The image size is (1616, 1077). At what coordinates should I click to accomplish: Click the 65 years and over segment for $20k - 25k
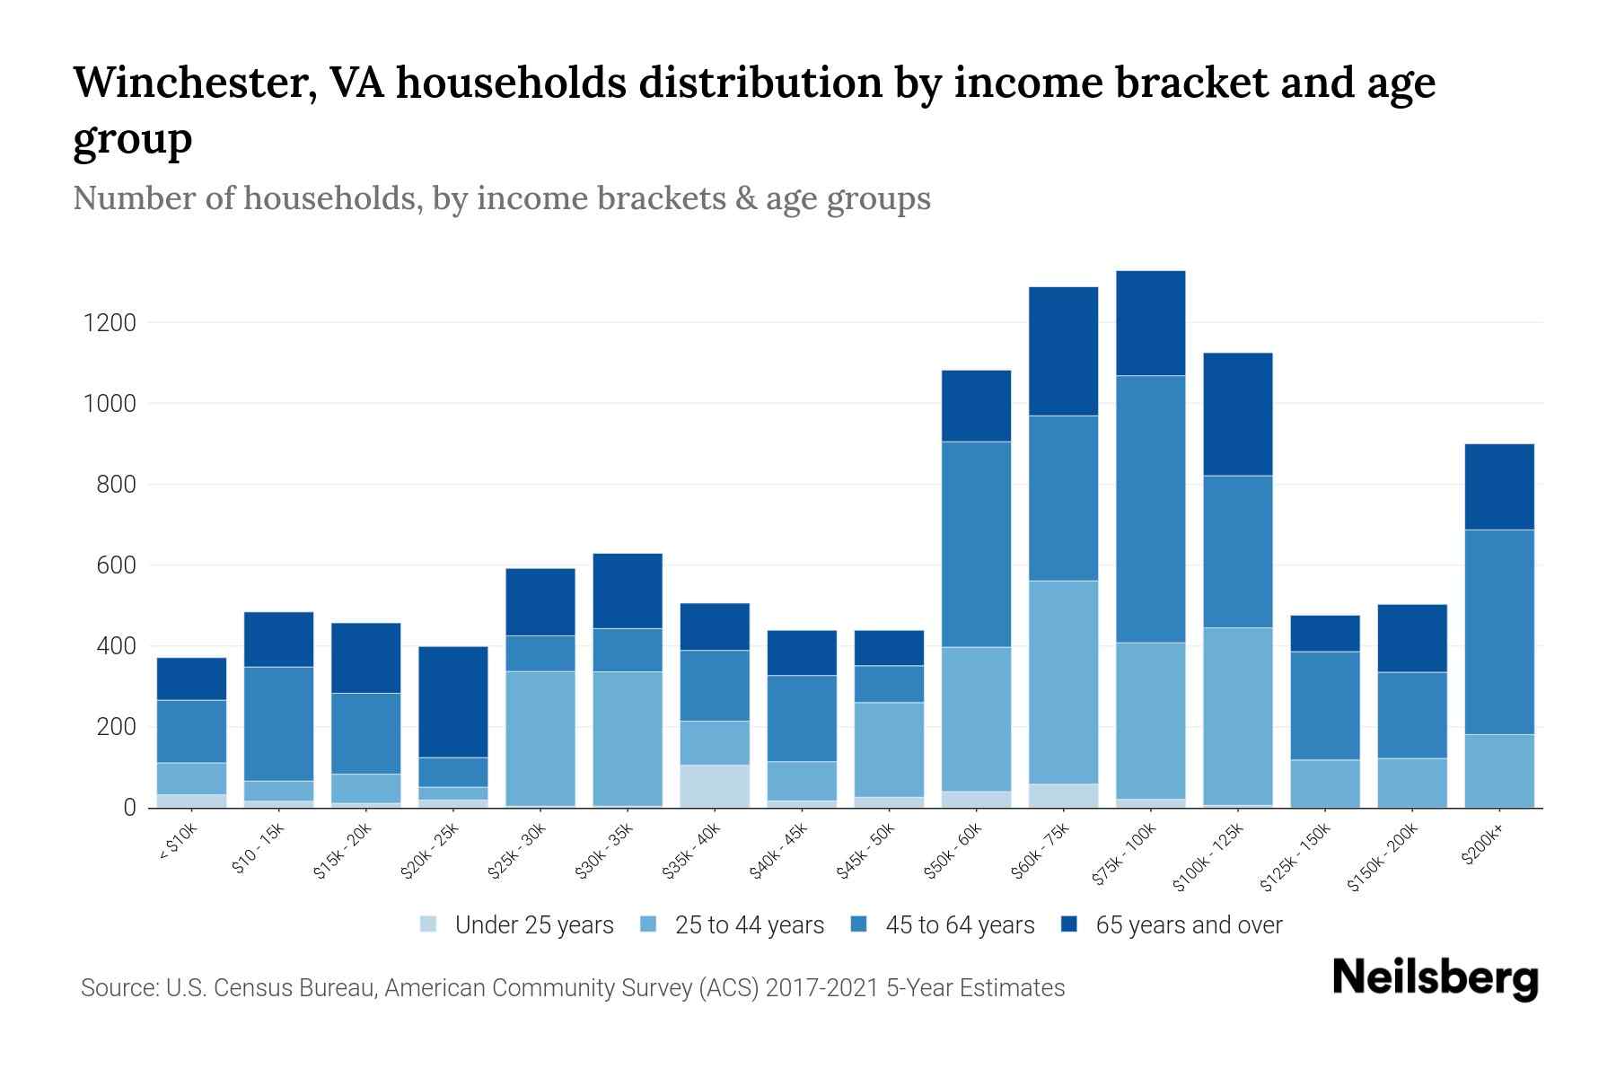click(453, 702)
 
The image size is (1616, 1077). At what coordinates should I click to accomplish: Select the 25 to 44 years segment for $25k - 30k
click(540, 739)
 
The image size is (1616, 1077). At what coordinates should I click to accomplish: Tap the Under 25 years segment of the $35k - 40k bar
click(715, 786)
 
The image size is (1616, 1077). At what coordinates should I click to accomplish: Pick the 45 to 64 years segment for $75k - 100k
click(1151, 509)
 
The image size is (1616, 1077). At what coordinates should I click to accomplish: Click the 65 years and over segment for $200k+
click(1499, 487)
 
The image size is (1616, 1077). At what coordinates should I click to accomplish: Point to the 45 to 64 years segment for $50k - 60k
click(976, 544)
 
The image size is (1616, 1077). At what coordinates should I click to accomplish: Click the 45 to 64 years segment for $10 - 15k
click(279, 723)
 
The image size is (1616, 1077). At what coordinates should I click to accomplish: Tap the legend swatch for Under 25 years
click(429, 924)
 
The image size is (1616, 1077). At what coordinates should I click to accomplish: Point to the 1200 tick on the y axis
click(110, 323)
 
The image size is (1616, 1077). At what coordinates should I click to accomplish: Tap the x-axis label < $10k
click(179, 845)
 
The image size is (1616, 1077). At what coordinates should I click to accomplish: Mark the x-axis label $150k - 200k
click(1383, 858)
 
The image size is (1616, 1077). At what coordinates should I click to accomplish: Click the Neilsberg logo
click(1436, 977)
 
